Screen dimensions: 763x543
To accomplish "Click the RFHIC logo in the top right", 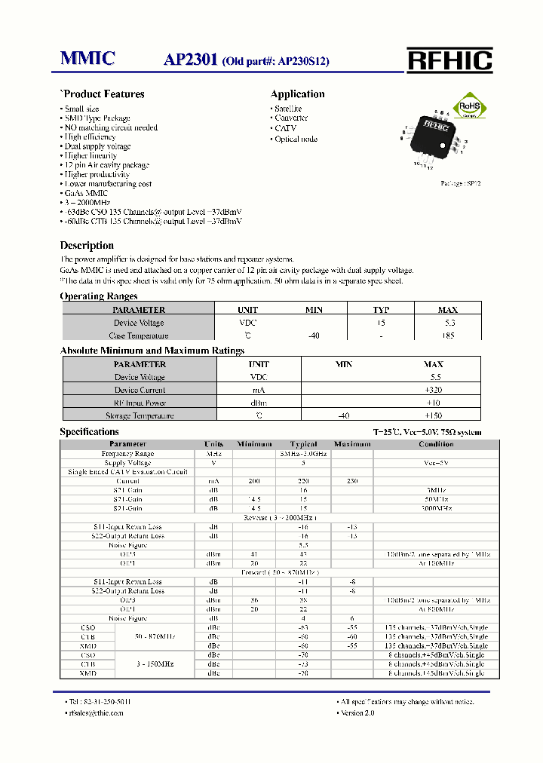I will (x=449, y=60).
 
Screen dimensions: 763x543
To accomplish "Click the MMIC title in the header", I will (x=87, y=59).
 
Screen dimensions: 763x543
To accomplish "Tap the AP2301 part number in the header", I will (x=191, y=60).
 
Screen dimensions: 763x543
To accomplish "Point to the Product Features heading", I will (x=102, y=94).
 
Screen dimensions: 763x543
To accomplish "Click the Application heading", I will (x=297, y=94).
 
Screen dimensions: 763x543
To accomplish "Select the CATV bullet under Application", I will (x=280, y=128).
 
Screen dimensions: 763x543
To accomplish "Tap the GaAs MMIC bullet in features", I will (x=81, y=193).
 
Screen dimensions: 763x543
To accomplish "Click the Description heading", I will (x=87, y=246).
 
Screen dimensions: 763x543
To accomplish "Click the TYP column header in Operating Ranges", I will (x=381, y=310).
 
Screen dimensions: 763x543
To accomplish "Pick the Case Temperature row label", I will (x=139, y=336).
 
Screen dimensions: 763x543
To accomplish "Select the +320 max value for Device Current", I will (x=433, y=390).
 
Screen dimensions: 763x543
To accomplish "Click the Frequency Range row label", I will (x=127, y=454).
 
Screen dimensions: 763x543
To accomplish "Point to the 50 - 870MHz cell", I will (x=154, y=636).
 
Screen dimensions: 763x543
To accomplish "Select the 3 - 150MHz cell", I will (x=154, y=664).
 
